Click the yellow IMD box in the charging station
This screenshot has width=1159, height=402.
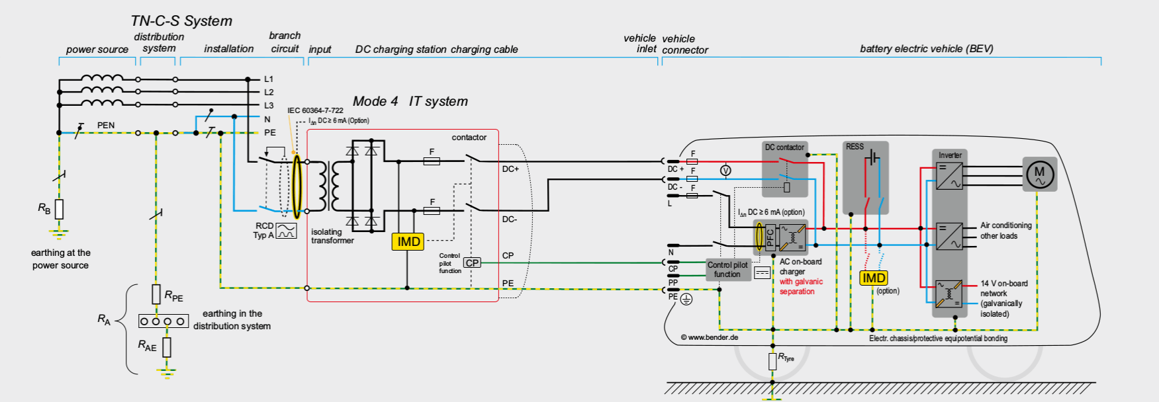tap(408, 241)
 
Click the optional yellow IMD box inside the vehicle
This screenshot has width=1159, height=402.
tap(873, 278)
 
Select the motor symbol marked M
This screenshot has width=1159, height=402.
tap(1039, 174)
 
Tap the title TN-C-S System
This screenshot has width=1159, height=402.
tap(181, 21)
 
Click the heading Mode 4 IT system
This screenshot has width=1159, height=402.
tap(410, 101)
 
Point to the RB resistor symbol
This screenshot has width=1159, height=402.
tap(59, 209)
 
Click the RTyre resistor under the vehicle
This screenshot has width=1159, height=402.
tap(772, 361)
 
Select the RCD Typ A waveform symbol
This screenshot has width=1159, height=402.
tap(286, 231)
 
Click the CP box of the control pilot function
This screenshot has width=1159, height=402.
tap(472, 262)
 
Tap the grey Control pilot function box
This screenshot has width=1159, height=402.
tap(727, 269)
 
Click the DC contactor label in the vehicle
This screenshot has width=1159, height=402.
tap(784, 147)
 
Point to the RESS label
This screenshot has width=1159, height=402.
tap(855, 147)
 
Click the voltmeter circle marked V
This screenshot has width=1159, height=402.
tap(725, 171)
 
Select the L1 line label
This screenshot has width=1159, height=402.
tap(269, 79)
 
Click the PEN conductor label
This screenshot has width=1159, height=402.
tap(106, 125)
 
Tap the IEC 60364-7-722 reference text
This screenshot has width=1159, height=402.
tap(315, 110)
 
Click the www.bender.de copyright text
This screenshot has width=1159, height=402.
tap(709, 337)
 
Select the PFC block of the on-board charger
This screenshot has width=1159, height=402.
tap(770, 237)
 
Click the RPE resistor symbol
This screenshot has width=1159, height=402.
tap(156, 294)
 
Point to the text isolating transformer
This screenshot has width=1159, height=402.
tap(332, 236)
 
